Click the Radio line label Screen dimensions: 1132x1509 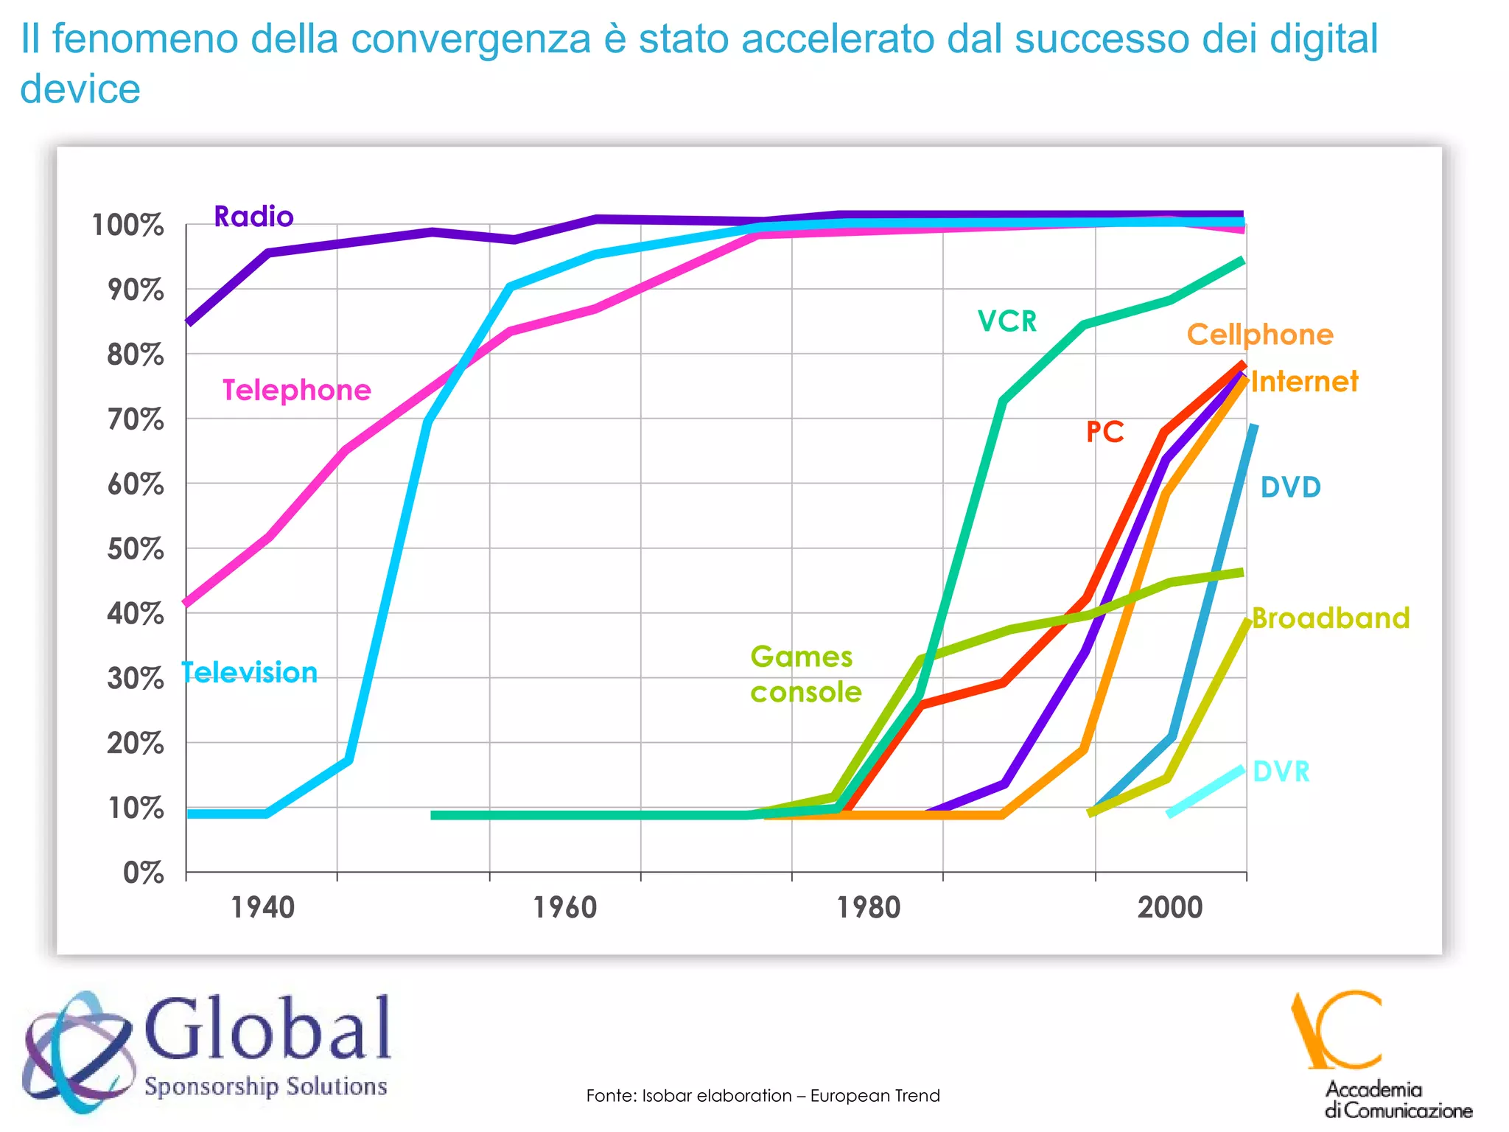(x=253, y=217)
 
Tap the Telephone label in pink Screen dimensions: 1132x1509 (x=296, y=390)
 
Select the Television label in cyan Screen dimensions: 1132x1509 (x=250, y=673)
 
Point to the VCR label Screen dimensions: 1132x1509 (x=1006, y=321)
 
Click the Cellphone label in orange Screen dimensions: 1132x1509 (x=1260, y=335)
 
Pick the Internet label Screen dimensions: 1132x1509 (x=1304, y=382)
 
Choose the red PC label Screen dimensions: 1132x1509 (x=1104, y=432)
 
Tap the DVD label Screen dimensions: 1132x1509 (x=1290, y=487)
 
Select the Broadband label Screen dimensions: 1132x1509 (x=1331, y=618)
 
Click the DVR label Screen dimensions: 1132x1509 (x=1281, y=772)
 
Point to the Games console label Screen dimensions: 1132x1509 (x=805, y=674)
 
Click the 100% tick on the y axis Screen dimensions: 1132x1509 (x=127, y=226)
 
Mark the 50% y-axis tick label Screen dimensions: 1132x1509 (x=135, y=549)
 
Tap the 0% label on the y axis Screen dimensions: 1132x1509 (x=143, y=873)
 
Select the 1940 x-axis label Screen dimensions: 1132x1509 (x=263, y=907)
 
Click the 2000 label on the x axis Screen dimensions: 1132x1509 (x=1170, y=907)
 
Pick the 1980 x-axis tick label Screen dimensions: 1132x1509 (x=868, y=907)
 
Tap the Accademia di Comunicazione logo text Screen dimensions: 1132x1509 (x=1397, y=1100)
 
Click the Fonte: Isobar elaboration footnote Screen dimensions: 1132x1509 (x=763, y=1096)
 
